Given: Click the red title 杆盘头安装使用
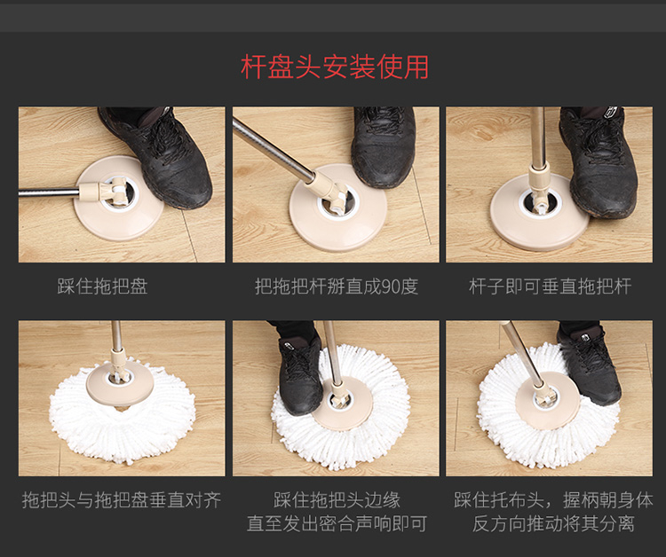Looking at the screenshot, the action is pos(335,67).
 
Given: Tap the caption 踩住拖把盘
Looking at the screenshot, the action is pos(102,286).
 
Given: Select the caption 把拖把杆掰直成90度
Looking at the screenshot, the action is pos(337,286).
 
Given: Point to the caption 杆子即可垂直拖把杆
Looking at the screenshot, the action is pos(550,286).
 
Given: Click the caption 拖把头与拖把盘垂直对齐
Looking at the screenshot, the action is pos(122,500).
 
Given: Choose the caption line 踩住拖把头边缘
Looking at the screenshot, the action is pos(337,500).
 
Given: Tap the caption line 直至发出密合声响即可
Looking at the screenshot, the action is pos(337,523).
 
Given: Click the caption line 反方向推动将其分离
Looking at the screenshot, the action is pos(553,523).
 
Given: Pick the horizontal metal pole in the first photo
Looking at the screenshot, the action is pos(49,193).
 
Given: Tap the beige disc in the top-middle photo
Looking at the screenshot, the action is pos(338,208).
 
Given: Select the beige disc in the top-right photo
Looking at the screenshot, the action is pos(539,212).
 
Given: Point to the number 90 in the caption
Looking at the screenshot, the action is pos(391,286).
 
